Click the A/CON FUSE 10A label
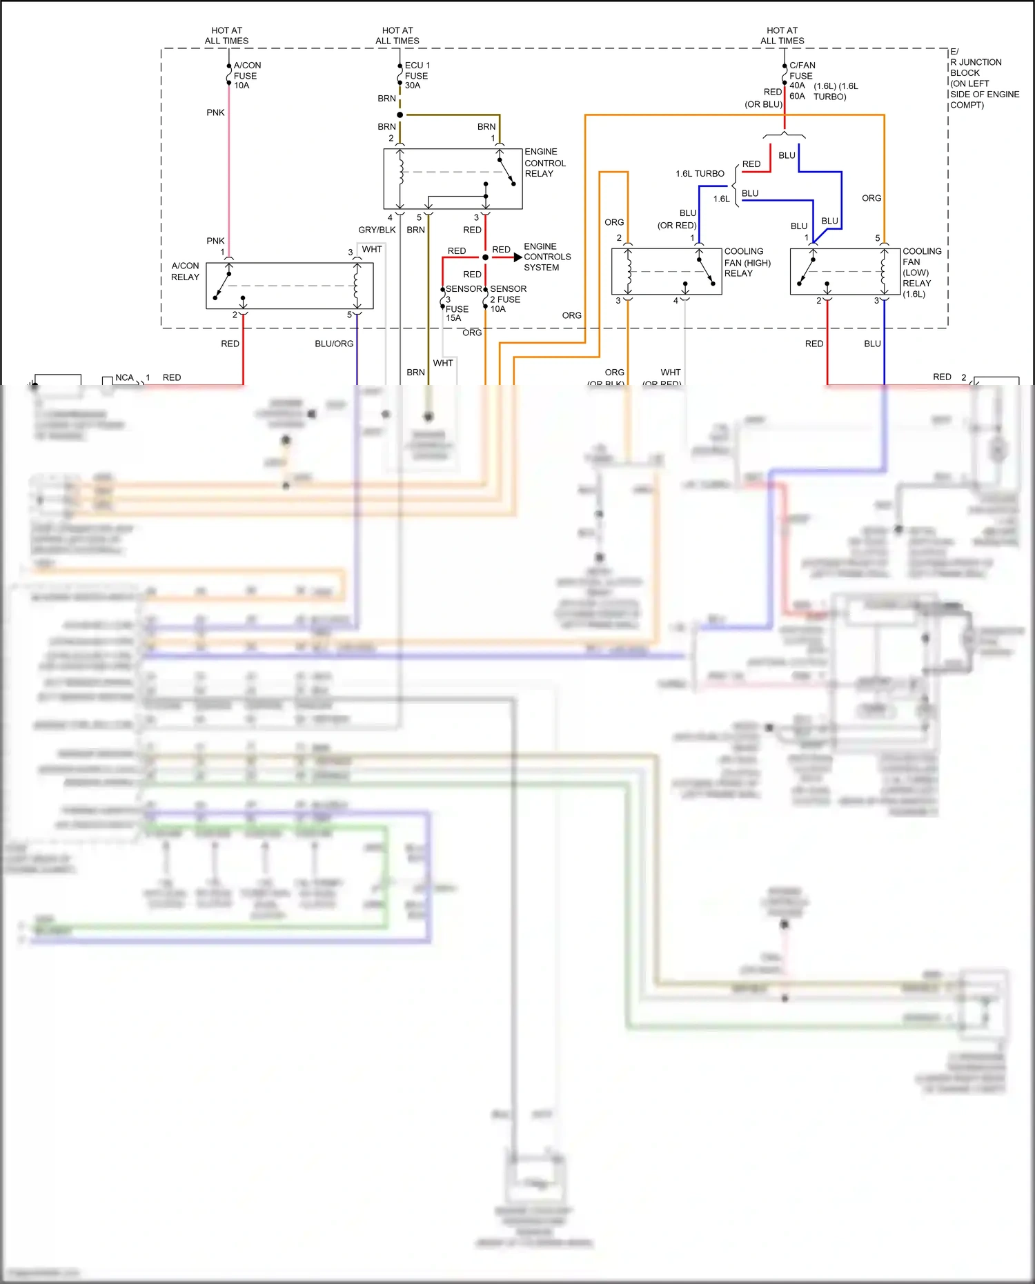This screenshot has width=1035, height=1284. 246,75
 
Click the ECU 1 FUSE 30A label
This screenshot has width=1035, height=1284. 417,75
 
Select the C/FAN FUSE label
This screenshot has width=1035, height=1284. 802,70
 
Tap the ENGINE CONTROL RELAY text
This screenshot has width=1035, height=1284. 544,163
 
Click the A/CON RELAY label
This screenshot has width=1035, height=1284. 185,271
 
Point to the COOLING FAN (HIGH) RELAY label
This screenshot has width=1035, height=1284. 747,262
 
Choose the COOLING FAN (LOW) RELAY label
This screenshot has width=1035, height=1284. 920,273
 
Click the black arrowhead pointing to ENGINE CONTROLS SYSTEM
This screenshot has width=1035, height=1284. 517,257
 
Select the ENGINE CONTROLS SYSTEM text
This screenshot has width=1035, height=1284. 546,257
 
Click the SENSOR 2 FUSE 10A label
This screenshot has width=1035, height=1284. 507,299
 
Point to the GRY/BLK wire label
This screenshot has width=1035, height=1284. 377,230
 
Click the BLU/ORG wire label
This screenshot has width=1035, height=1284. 334,344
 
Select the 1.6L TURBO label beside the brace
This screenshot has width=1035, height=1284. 700,174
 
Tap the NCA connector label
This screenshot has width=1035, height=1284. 124,377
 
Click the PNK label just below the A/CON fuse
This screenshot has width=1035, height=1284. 215,112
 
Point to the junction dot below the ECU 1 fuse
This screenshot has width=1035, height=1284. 400,115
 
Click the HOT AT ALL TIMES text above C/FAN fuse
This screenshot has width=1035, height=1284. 782,36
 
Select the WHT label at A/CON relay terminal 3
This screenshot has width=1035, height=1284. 371,249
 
